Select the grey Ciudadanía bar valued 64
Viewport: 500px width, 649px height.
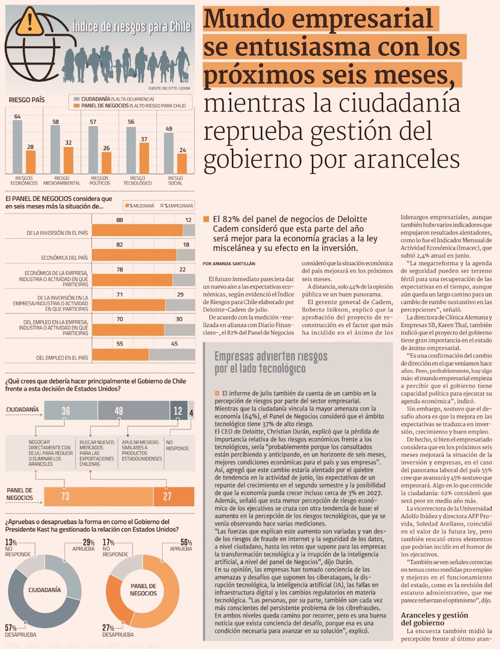(17, 147)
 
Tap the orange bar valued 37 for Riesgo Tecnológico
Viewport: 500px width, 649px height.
(144, 158)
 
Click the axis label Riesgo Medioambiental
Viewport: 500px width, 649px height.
(62, 181)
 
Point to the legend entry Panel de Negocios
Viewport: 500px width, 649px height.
(130, 106)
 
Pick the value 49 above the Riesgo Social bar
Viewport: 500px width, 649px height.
(169, 129)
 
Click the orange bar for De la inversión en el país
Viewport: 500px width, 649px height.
(137, 230)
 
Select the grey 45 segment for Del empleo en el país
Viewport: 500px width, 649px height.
(172, 354)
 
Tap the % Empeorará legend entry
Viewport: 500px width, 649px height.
(176, 206)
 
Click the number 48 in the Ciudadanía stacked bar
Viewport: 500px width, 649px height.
(118, 411)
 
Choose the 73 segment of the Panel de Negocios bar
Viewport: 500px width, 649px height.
(98, 496)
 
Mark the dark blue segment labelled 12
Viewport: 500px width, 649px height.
(178, 410)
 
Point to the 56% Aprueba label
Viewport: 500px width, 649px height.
(181, 545)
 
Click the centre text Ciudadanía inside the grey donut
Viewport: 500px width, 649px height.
(44, 590)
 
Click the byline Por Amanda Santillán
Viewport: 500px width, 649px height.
(229, 264)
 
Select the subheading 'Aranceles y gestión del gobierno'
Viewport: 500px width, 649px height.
(434, 619)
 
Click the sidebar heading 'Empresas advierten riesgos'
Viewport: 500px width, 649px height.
(271, 356)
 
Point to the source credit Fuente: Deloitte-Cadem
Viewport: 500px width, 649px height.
(169, 89)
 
